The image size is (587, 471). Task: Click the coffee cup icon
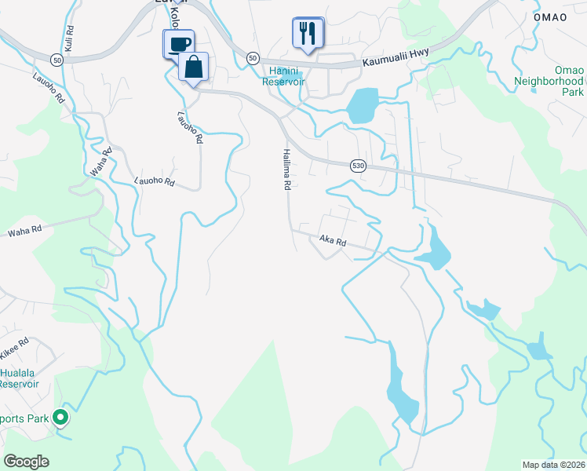pyautogui.click(x=178, y=42)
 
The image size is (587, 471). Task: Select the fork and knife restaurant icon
pyautogui.click(x=307, y=33)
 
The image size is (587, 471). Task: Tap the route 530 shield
pyautogui.click(x=358, y=165)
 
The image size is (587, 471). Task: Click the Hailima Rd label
pyautogui.click(x=287, y=170)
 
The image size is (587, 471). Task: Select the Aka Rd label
pyautogui.click(x=333, y=242)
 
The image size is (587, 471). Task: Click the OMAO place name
pyautogui.click(x=549, y=17)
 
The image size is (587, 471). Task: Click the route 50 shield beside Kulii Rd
pyautogui.click(x=56, y=60)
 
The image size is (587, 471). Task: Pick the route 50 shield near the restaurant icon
pyautogui.click(x=252, y=58)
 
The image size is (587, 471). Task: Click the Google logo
pyautogui.click(x=27, y=461)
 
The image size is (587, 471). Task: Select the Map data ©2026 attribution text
pyautogui.click(x=553, y=465)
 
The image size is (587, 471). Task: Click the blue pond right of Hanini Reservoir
pyautogui.click(x=362, y=106)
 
